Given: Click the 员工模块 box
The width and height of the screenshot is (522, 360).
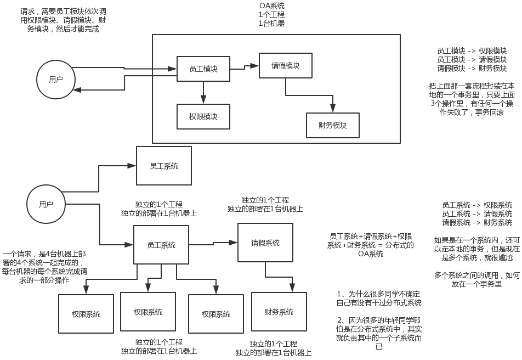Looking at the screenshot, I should (203, 69).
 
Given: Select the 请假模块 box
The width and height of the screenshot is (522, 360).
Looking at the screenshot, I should (286, 66).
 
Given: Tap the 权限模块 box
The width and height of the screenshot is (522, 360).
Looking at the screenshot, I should (203, 116).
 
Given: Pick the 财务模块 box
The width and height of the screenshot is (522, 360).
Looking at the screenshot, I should (333, 125).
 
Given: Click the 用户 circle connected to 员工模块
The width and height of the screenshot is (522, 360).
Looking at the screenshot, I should (55, 79).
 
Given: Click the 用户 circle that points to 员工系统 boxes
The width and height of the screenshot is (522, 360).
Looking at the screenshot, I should (46, 204).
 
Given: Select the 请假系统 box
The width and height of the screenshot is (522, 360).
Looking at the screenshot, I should (265, 243).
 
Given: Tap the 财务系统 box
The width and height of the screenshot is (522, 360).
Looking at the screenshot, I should (279, 312).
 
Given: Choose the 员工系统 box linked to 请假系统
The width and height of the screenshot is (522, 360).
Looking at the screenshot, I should (161, 245).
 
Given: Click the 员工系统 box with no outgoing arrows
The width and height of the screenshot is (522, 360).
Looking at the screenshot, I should (164, 165).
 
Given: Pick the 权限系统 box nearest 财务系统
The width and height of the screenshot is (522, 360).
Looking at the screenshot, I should (216, 314).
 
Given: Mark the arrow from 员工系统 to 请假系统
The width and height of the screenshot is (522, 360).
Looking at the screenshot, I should (213, 242).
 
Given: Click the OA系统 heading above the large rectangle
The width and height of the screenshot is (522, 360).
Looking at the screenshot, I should (272, 6).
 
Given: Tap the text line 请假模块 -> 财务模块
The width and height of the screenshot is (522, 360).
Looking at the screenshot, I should (472, 69).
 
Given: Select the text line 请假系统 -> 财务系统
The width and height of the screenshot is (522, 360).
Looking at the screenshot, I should (477, 223).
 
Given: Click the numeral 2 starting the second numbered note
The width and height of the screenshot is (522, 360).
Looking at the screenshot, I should (340, 319).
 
